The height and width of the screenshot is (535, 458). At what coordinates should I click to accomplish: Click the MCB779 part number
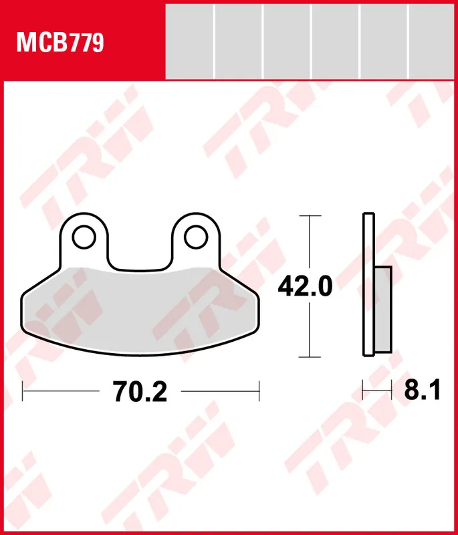point(60,43)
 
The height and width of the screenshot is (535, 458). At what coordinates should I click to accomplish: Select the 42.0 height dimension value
point(305,287)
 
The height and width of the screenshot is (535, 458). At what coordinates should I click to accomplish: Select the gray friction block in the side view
point(382,309)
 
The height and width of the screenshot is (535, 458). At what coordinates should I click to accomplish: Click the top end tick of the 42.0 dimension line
point(308,216)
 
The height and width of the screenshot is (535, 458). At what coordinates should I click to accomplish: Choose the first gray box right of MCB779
point(189,40)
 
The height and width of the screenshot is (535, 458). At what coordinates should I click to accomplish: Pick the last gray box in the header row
point(432,40)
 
